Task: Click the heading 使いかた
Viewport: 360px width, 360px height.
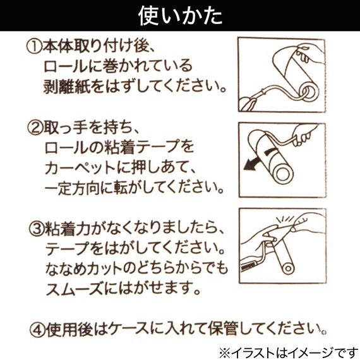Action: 179,15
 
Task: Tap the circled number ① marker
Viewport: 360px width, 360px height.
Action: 33,47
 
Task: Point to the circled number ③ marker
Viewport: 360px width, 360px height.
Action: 33,227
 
